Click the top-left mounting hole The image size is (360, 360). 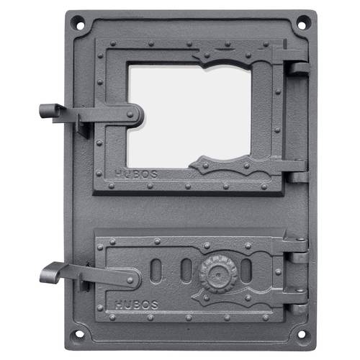(80, 24)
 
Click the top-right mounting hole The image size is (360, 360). (302, 24)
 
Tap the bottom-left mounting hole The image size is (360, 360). (79, 334)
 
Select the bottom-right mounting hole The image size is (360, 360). (302, 334)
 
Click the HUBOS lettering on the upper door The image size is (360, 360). (136, 174)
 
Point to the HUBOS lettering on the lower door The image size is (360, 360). (136, 305)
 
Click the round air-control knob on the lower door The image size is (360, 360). (218, 274)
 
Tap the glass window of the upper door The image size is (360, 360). (189, 116)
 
